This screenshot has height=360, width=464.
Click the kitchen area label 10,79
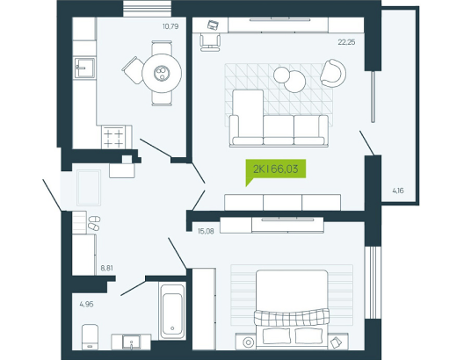170,26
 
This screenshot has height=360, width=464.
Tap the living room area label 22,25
346,42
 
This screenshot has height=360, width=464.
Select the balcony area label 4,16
398,191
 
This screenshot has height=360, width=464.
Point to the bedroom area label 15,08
206,231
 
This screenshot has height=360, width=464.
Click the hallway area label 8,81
107,268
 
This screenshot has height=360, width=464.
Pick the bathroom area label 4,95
86,304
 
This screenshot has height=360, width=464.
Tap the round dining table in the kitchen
162,73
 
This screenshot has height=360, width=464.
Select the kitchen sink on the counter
84,68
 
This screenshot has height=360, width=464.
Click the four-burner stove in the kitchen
113,138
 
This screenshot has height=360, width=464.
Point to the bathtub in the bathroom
172,310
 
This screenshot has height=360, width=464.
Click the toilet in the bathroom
90,337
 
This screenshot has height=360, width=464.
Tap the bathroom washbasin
132,342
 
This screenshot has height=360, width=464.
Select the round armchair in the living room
333,73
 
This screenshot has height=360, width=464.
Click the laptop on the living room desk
213,25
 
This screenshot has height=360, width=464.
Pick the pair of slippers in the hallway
94,223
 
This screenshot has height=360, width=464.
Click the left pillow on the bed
277,336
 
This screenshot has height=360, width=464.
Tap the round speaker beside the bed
249,342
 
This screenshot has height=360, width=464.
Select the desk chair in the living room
210,42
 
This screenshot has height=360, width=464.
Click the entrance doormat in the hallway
89,187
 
